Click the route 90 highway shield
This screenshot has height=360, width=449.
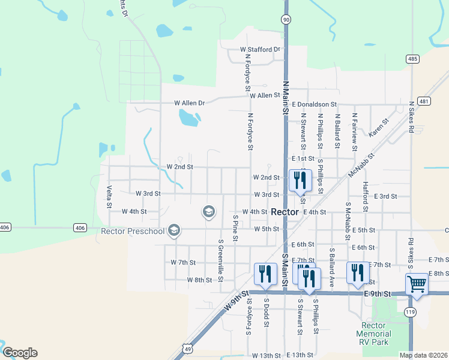286,20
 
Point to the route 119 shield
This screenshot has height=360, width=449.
411,312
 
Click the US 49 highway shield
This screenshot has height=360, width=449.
188,349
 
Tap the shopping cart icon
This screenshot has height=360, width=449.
417,284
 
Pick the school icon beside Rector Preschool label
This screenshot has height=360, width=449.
174,230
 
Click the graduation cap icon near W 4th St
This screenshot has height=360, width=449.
208,211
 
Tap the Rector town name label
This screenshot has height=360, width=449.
285,212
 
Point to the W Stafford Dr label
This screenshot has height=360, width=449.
260,49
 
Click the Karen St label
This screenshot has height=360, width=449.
379,128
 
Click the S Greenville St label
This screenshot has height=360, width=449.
221,257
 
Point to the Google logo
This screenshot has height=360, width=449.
20,353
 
